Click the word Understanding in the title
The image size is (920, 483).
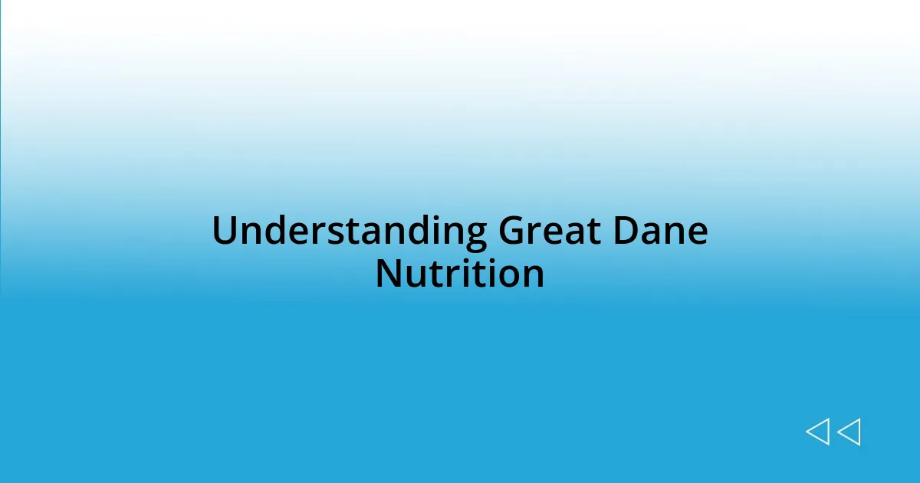pyautogui.click(x=349, y=232)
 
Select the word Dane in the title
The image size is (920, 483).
pyautogui.click(x=660, y=232)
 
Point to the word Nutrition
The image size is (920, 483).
pyautogui.click(x=460, y=274)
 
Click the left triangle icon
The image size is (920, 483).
pyautogui.click(x=817, y=432)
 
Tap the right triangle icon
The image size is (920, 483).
pyautogui.click(x=849, y=432)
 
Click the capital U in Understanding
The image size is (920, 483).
pyautogui.click(x=224, y=232)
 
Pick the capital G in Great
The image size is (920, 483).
pyautogui.click(x=513, y=232)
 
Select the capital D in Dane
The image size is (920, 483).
pyautogui.click(x=626, y=232)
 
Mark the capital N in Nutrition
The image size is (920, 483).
pyautogui.click(x=388, y=274)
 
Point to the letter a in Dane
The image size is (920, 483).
pyautogui.click(x=652, y=235)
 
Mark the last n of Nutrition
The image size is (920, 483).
pyautogui.click(x=533, y=278)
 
